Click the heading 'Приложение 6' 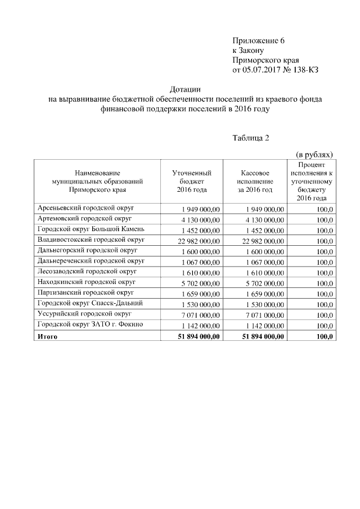click(259, 40)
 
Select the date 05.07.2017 click(262, 69)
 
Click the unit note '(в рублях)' click(314, 154)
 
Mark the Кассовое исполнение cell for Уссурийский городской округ click(265, 315)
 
